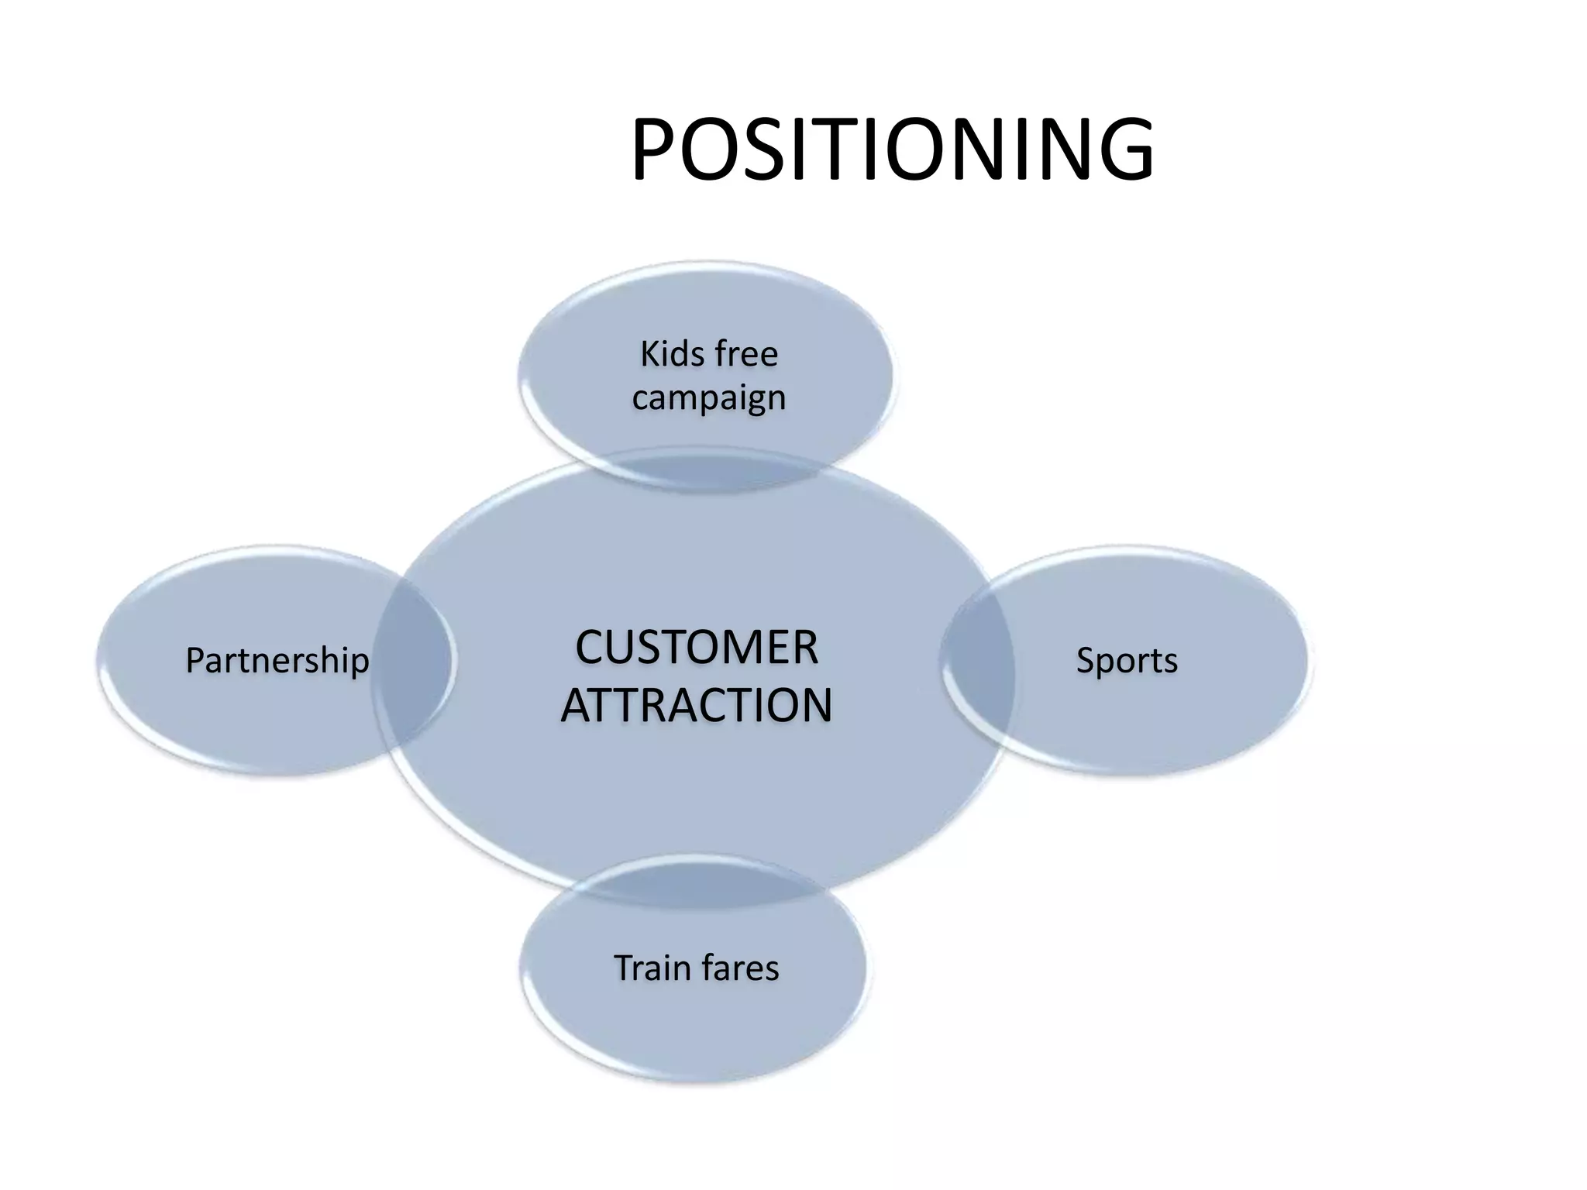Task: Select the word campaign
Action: coord(708,398)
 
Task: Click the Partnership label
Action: coord(277,660)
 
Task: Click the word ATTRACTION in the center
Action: coord(696,705)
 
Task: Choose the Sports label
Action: coord(1127,660)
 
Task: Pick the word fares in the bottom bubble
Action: coord(739,968)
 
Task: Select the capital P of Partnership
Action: coord(195,660)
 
